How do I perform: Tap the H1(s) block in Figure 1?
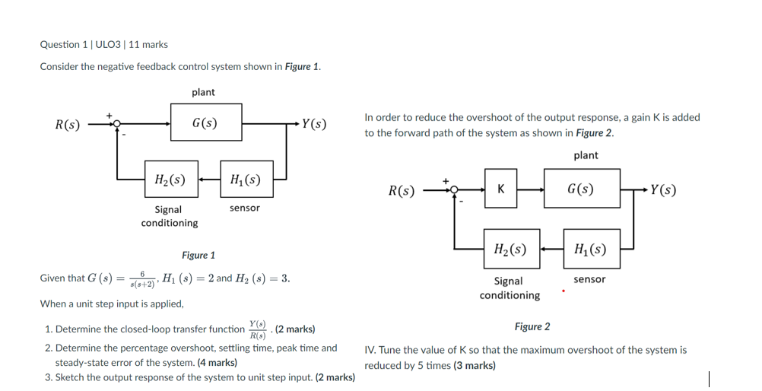tap(245, 180)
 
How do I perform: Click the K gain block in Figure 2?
tap(500, 189)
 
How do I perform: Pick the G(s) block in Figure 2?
tap(581, 189)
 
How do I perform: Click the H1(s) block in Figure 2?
tap(591, 249)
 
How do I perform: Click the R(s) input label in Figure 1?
tap(67, 124)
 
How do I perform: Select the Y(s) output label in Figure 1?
tap(313, 124)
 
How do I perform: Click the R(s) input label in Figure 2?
tap(402, 190)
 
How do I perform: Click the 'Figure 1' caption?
tap(198, 256)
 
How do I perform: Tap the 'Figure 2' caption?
tap(532, 327)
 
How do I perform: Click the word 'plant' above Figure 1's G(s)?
tap(203, 92)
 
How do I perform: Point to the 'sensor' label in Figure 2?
tap(589, 280)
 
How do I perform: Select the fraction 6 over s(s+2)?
tap(142, 278)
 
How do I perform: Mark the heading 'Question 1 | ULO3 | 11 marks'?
tap(103, 45)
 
